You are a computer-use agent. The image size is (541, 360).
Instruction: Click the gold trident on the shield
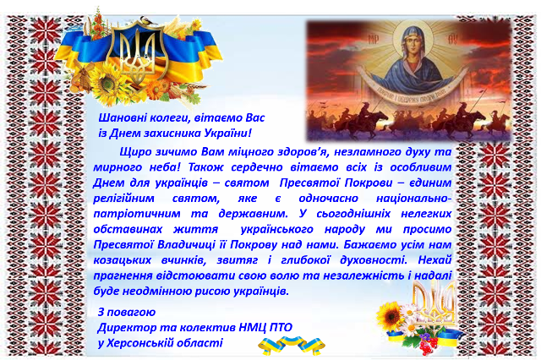click(138, 51)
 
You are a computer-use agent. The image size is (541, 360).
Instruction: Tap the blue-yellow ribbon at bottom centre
click(292, 346)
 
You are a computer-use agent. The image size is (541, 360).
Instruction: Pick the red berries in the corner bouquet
click(428, 345)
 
